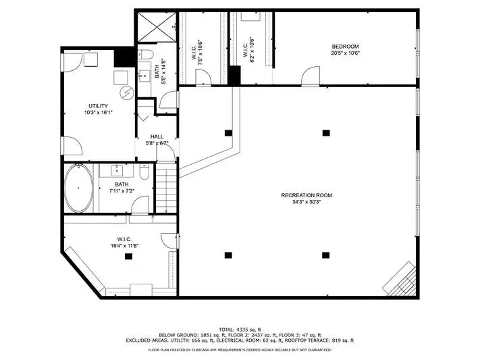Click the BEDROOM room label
click(345, 47)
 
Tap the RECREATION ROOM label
click(306, 195)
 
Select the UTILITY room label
click(98, 106)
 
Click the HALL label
click(157, 136)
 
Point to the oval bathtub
click(79, 188)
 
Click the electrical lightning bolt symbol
click(127, 93)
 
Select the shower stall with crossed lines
click(157, 27)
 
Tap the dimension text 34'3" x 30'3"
click(306, 202)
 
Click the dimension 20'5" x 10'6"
click(345, 53)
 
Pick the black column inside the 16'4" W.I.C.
click(128, 257)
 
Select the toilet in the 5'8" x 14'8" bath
click(145, 55)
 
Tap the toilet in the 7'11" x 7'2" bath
click(144, 172)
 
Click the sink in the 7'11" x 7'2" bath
click(116, 170)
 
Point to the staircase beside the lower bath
click(166, 188)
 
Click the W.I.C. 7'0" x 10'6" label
click(197, 52)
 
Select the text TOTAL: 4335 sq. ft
click(240, 330)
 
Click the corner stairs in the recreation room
click(400, 278)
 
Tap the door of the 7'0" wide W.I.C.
click(203, 76)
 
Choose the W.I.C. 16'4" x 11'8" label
click(125, 242)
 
